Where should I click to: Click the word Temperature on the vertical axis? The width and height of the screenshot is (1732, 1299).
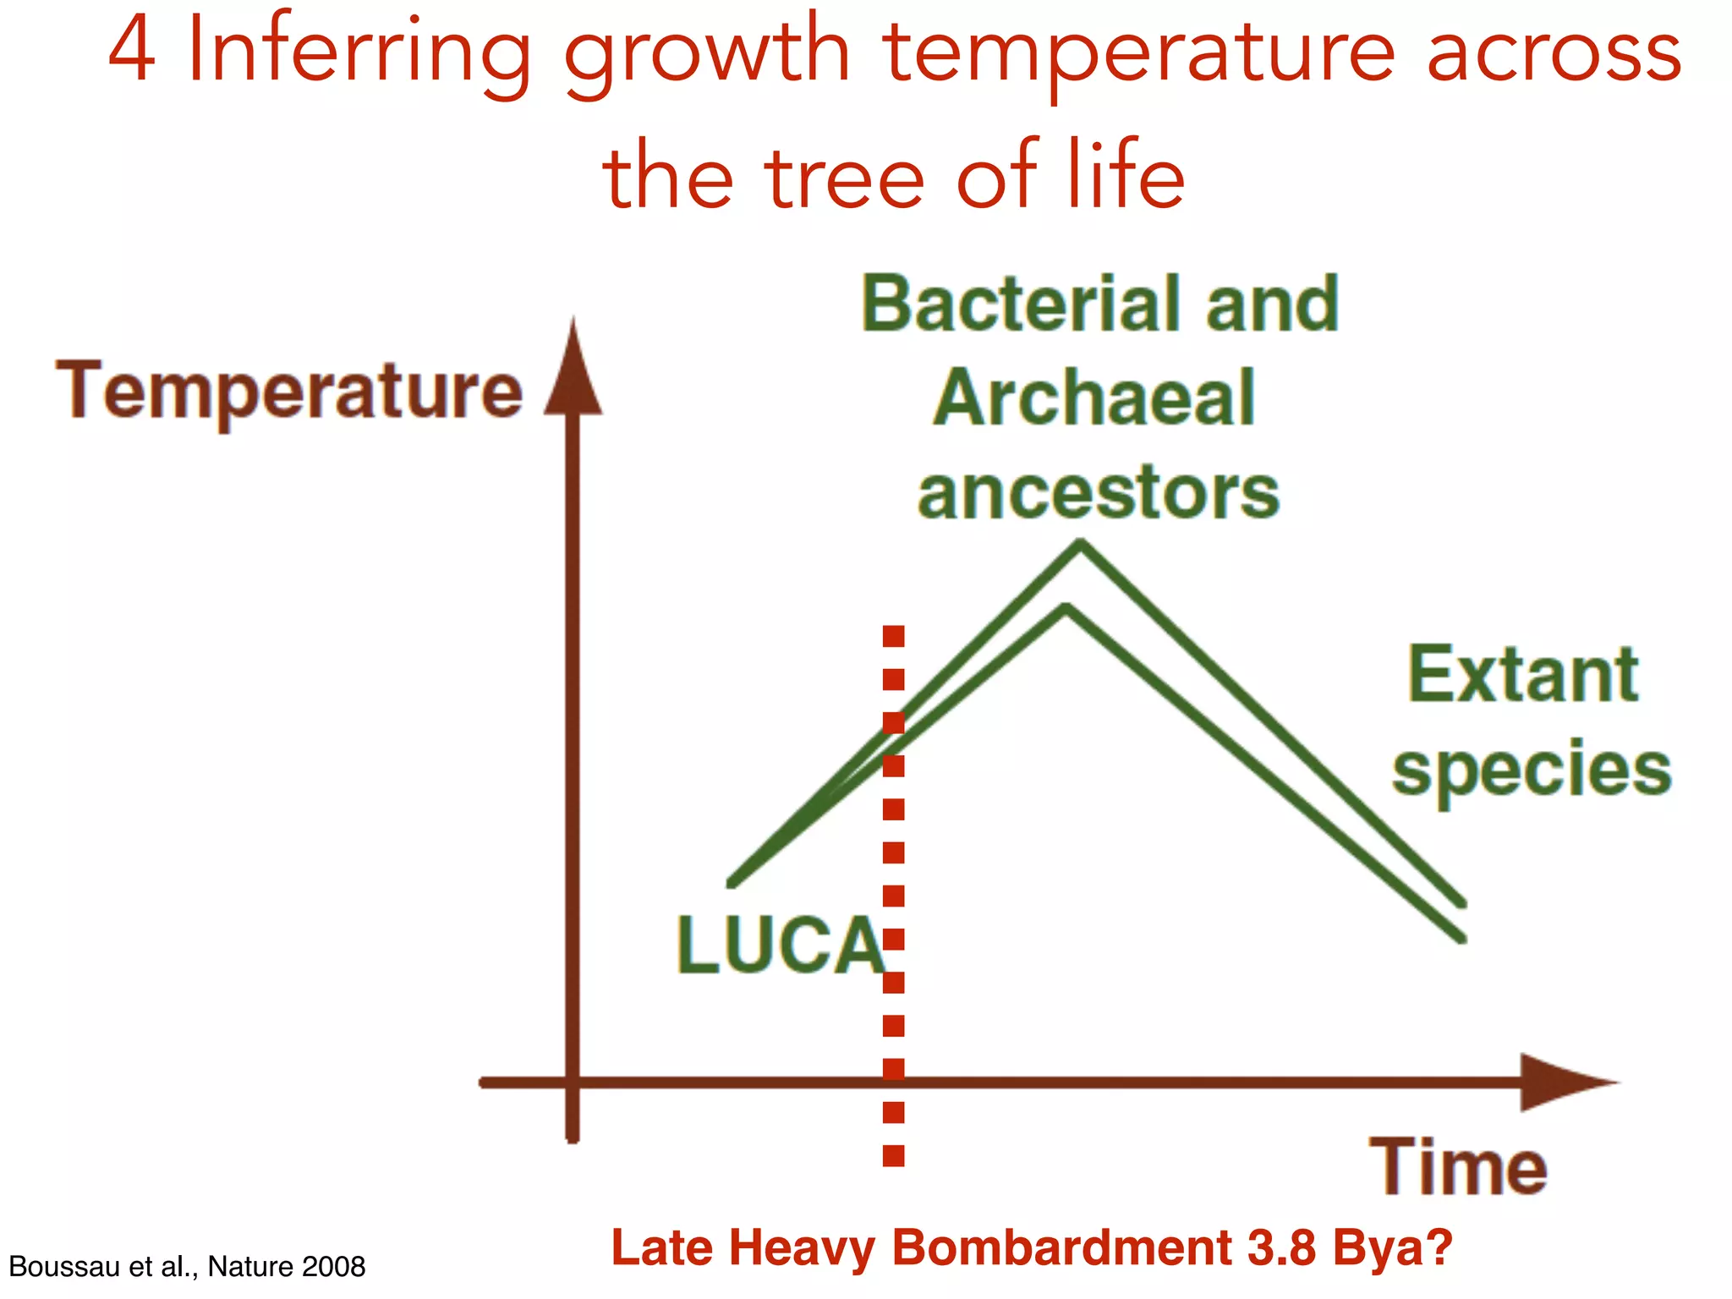(289, 391)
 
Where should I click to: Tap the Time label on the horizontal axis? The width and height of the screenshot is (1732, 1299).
(1458, 1168)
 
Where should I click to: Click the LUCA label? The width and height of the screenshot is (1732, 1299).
(780, 945)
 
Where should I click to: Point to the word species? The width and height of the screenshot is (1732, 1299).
(1532, 769)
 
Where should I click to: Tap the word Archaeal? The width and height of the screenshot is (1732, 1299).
(1095, 398)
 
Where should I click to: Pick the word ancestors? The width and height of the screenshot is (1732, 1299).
(1099, 493)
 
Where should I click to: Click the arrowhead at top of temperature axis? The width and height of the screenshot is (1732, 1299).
(573, 372)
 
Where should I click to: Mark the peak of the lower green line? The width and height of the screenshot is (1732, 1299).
(1066, 608)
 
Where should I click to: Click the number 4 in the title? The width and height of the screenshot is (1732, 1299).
(133, 51)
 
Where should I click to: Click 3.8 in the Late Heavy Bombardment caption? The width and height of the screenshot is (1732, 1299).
(1281, 1247)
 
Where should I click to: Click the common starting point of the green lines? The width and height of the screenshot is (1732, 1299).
(732, 884)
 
